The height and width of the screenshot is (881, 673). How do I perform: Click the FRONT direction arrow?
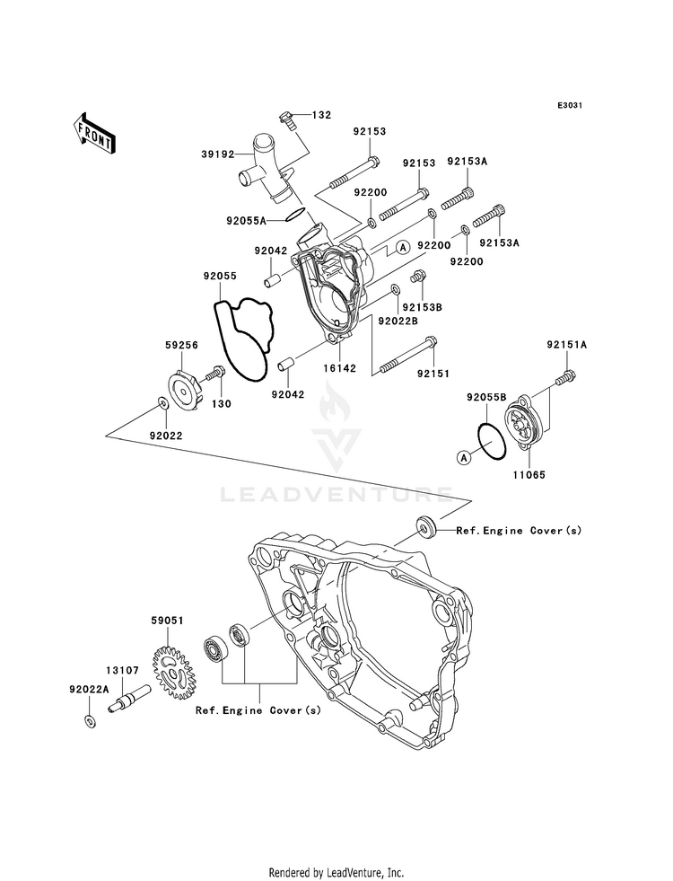[x=94, y=133]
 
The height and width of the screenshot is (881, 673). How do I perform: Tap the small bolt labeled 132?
[x=285, y=119]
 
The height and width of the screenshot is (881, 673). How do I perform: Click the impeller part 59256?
[x=187, y=386]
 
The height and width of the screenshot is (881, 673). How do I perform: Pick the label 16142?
[x=339, y=368]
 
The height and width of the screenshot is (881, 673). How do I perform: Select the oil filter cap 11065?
[x=527, y=425]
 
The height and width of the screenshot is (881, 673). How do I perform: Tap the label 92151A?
[x=567, y=345]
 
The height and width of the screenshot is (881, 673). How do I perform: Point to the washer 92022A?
[x=89, y=720]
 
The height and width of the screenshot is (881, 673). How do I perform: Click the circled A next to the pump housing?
[x=402, y=247]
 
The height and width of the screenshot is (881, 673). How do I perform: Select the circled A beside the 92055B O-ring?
[x=464, y=458]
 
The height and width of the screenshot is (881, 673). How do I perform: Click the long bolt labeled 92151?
[x=408, y=355]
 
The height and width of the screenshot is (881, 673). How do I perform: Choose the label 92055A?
[x=247, y=221]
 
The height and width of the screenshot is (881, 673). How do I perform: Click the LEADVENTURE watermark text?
[x=336, y=495]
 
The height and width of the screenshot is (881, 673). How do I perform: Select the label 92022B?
[x=398, y=322]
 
